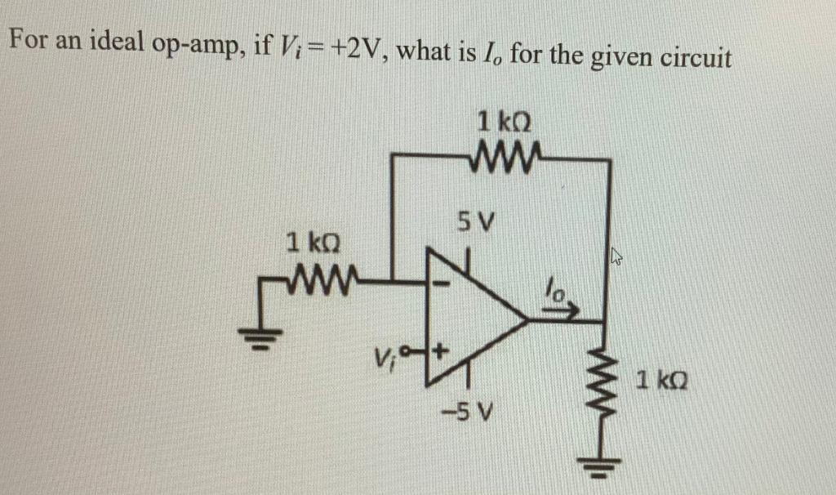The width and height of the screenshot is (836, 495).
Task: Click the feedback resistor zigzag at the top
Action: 503,153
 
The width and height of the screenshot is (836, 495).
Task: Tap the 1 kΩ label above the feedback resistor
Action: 505,123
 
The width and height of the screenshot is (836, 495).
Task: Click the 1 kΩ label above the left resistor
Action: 312,243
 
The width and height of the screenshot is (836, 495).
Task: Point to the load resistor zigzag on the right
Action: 604,384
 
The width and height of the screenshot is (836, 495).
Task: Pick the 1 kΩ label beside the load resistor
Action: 662,380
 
